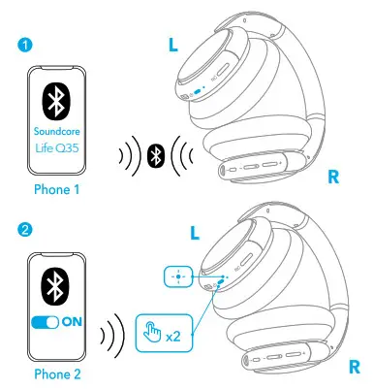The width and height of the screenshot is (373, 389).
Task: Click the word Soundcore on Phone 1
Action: pos(58,132)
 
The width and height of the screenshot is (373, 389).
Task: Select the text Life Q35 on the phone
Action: pos(58,149)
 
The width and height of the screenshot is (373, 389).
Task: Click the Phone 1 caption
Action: pos(58,189)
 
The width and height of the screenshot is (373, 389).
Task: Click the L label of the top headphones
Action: pos(173,47)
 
